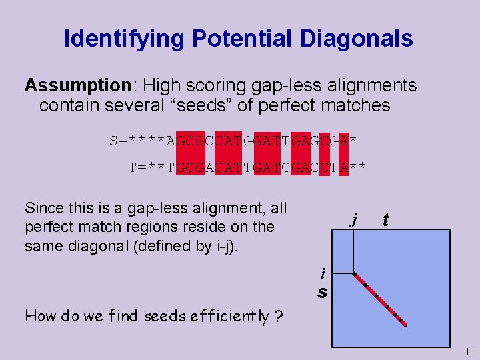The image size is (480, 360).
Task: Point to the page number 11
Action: (x=469, y=352)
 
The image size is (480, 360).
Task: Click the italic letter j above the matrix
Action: (x=355, y=218)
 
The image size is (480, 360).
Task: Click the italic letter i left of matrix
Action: (x=323, y=273)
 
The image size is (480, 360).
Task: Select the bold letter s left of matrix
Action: (x=322, y=293)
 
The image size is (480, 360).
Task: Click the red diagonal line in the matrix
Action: (x=380, y=299)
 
